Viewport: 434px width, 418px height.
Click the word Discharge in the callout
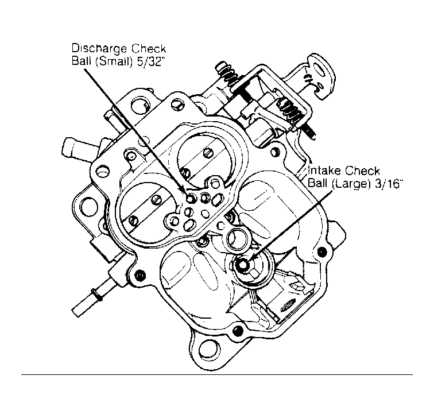[100, 48]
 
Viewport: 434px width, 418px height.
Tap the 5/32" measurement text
[150, 61]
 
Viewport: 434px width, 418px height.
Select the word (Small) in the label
[115, 61]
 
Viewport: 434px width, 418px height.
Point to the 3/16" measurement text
[387, 183]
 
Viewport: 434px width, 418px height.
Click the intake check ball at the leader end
[243, 265]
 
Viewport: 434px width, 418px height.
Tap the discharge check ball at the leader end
[190, 199]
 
